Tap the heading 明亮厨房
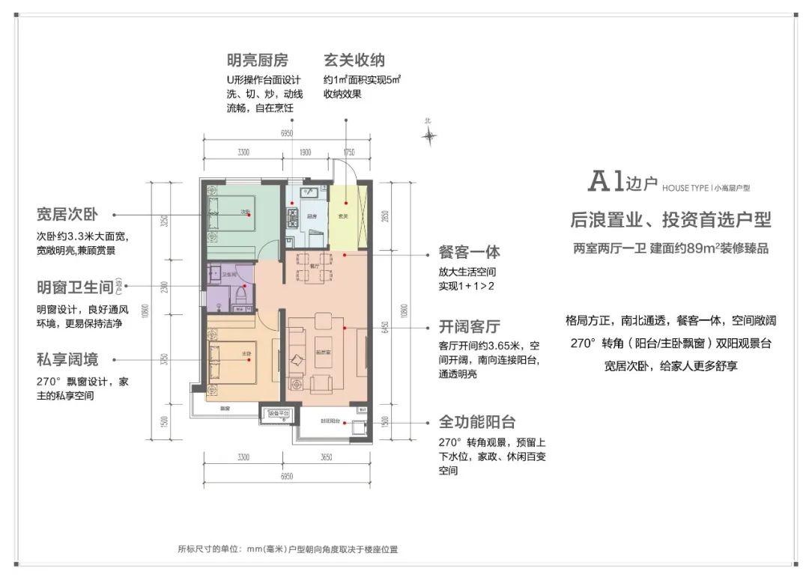click(x=257, y=60)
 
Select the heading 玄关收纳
click(x=354, y=60)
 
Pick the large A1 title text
click(x=607, y=181)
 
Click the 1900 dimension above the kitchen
click(x=305, y=152)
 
